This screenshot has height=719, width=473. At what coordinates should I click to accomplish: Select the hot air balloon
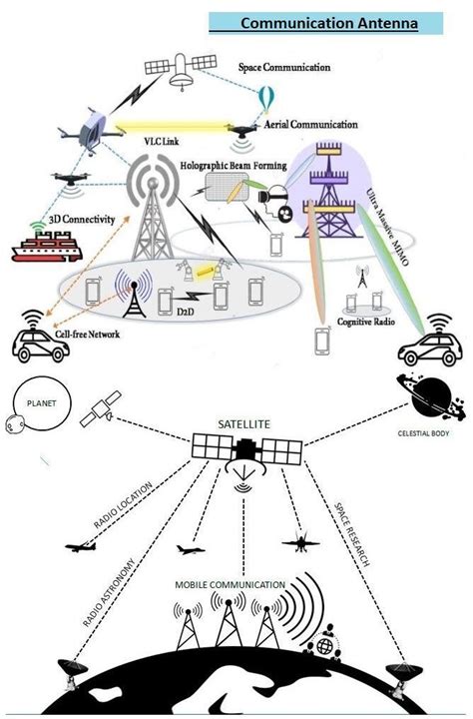(266, 99)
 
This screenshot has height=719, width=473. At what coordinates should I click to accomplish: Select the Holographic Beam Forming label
(234, 165)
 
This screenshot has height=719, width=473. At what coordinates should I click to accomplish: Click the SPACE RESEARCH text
(354, 528)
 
